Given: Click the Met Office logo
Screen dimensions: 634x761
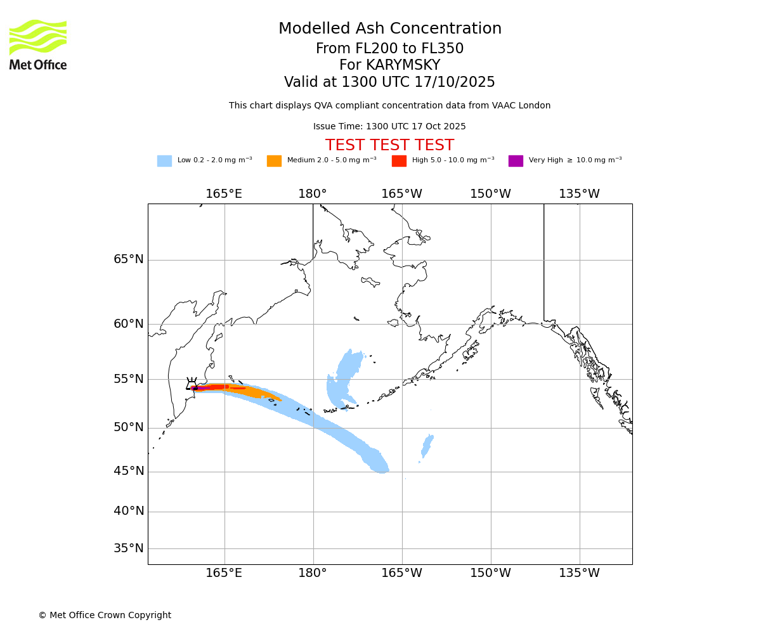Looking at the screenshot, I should pos(38,44).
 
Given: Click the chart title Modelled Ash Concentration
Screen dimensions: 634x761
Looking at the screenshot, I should pos(389,29).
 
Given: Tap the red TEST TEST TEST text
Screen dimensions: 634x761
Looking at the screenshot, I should pos(389,145).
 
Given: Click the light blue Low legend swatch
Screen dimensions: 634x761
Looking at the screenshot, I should pos(164,161).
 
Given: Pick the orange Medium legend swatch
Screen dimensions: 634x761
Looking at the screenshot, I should pos(274,161).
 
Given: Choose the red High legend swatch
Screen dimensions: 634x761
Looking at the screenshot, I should pos(399,161).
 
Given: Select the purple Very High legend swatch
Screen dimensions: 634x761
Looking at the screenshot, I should pos(516,161).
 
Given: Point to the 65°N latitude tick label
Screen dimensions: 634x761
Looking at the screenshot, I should pos(129,259).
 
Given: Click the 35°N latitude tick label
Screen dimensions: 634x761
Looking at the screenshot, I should pos(129,548).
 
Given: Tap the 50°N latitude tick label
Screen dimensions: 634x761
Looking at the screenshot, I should pos(129,427).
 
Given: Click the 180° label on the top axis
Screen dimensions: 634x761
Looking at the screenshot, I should pos(313,194).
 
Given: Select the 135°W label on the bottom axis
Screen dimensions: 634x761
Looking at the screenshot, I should pos(579,573).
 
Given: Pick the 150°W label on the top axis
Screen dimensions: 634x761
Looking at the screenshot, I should pos(490,194).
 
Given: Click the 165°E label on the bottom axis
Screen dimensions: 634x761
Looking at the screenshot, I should pos(224,573).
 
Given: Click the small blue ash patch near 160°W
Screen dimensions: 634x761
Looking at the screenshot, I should pos(427,445).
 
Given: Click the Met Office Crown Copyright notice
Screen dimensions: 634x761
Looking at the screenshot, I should pos(105,615).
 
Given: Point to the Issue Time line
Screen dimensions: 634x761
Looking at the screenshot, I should pos(389,127).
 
